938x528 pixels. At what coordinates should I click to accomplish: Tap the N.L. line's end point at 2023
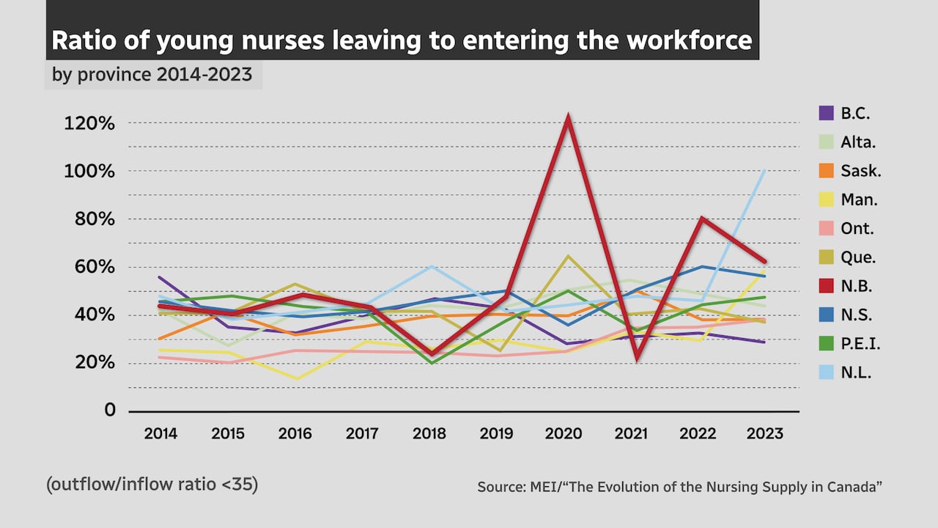pyautogui.click(x=765, y=170)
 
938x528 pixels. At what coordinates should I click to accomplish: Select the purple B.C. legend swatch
pyautogui.click(x=826, y=113)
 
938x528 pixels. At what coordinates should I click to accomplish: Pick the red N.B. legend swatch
pyautogui.click(x=826, y=286)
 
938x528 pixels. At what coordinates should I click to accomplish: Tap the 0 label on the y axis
pyautogui.click(x=110, y=410)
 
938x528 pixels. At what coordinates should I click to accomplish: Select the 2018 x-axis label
pyautogui.click(x=429, y=433)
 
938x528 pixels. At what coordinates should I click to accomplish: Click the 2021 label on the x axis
pyautogui.click(x=631, y=433)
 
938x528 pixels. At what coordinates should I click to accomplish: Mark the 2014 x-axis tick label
pyautogui.click(x=160, y=433)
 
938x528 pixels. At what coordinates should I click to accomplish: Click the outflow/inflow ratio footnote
pyautogui.click(x=152, y=485)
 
